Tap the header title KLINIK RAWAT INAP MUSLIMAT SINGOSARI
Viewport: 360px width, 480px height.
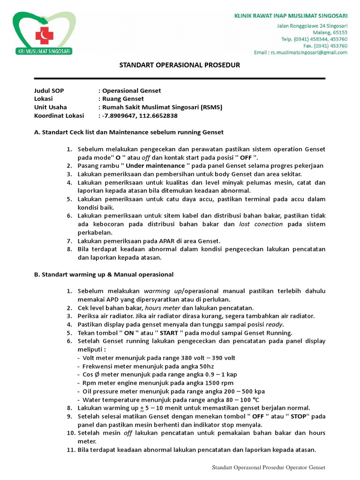click(x=291, y=16)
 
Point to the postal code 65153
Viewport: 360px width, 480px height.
click(x=339, y=32)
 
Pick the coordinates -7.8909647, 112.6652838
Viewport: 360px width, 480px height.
click(x=140, y=116)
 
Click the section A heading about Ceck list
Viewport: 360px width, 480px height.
click(x=129, y=132)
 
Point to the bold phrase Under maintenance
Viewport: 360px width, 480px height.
click(x=155, y=166)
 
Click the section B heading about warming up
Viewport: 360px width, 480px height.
click(x=104, y=274)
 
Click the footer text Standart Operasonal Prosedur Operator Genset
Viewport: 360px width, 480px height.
click(x=269, y=467)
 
